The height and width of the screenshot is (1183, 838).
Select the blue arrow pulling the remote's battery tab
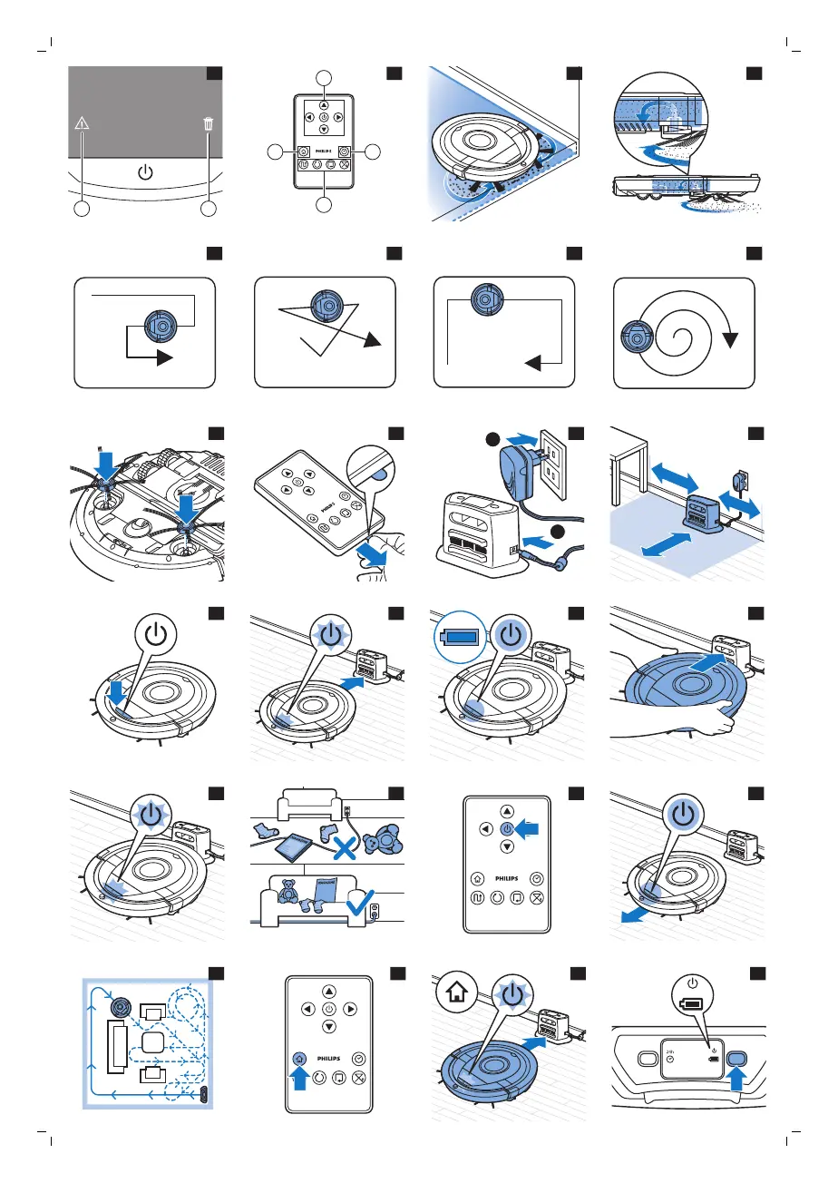click(375, 551)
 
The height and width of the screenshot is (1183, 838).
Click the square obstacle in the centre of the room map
click(152, 1041)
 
